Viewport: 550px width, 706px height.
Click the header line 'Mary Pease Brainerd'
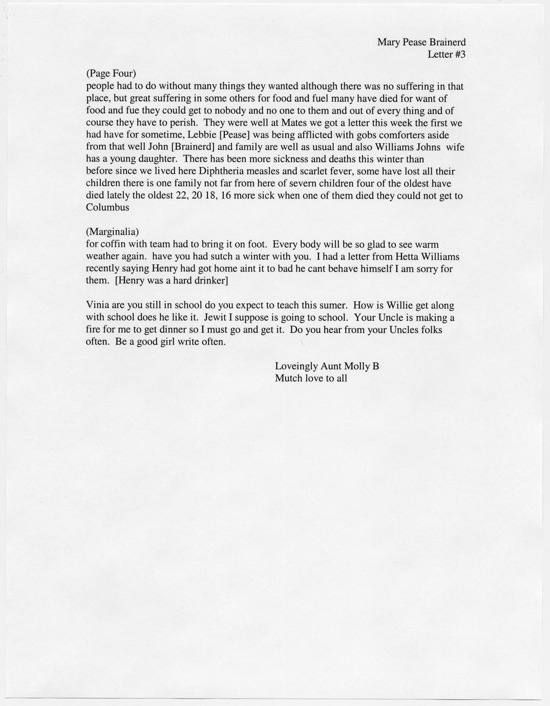(x=421, y=42)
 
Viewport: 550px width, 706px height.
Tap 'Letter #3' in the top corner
(x=446, y=55)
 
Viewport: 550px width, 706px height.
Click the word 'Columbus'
(x=107, y=208)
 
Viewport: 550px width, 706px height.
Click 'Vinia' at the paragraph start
(x=97, y=305)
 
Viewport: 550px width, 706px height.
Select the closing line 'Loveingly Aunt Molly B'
(x=327, y=366)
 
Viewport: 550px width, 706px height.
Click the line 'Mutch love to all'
(x=311, y=379)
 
